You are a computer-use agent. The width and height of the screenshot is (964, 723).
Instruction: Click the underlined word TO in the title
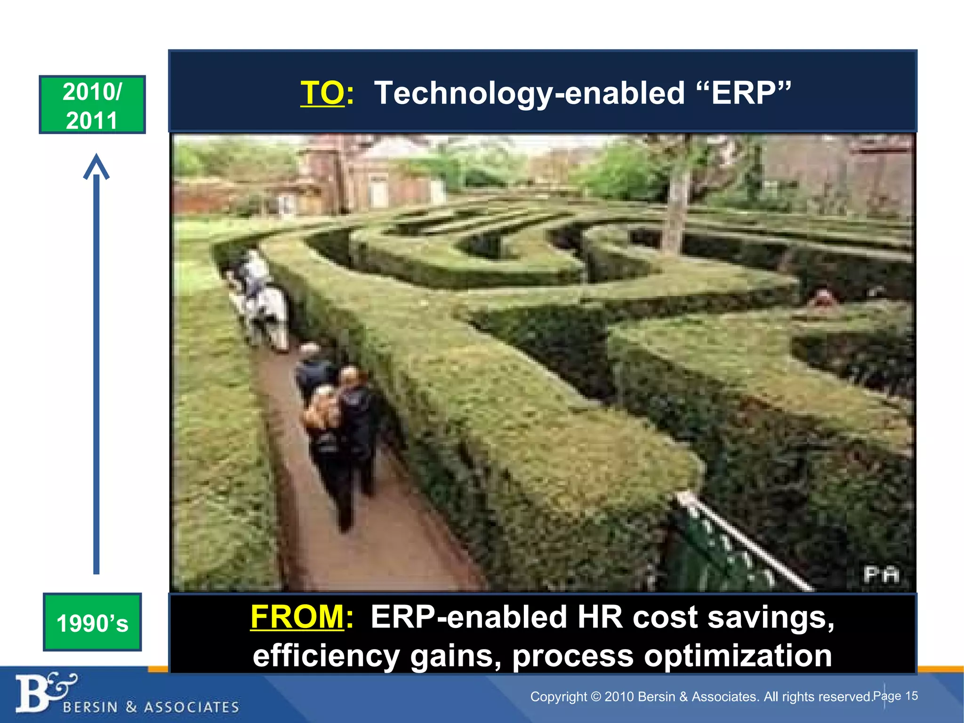(322, 93)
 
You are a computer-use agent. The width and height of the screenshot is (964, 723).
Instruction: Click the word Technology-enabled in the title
(529, 93)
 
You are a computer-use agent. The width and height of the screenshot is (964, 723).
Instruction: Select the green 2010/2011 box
(92, 104)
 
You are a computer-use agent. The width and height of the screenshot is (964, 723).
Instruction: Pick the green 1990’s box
(92, 622)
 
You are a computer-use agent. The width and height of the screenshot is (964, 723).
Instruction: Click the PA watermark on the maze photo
(881, 575)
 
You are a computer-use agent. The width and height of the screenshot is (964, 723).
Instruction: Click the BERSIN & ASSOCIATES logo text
(151, 707)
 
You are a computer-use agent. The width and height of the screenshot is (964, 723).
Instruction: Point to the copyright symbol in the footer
(596, 696)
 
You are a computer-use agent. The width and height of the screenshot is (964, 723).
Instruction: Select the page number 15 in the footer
(911, 696)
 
